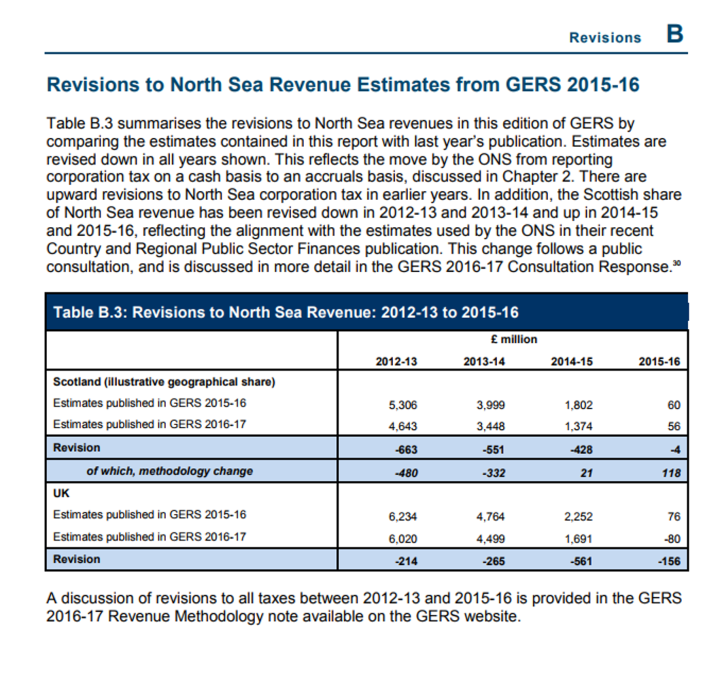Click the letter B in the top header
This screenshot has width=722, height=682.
click(x=674, y=33)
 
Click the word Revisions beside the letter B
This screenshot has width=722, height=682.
click(x=605, y=37)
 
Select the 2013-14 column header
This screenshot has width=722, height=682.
click(x=485, y=362)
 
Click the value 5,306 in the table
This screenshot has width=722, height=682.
click(x=402, y=405)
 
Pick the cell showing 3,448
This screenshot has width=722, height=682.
click(x=491, y=426)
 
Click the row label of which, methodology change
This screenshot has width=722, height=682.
click(x=169, y=471)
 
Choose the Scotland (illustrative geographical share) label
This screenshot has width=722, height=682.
click(x=164, y=381)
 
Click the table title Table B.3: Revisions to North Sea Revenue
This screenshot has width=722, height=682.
click(x=286, y=312)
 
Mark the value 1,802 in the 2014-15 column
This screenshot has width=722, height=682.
click(x=579, y=405)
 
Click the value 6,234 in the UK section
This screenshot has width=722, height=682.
click(x=402, y=516)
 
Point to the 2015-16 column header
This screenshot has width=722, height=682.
click(x=659, y=362)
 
